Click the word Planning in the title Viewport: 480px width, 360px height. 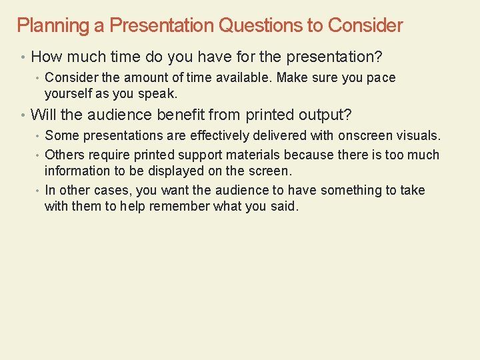(x=43, y=26)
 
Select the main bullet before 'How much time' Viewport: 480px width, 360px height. (x=23, y=57)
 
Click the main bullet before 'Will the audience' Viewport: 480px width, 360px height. (x=23, y=115)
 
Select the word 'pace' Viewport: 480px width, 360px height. (x=381, y=78)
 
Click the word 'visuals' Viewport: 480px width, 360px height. (x=417, y=136)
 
